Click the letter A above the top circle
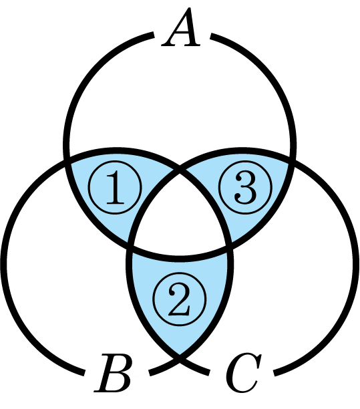pos(181,27)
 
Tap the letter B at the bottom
pos(112,372)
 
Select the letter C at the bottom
pos(243,373)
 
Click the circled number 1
pos(115,188)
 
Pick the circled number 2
pos(180,299)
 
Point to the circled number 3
pos(245,188)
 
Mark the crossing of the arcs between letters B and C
pos(180,359)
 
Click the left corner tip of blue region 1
pos(67,159)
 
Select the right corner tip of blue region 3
pos(293,159)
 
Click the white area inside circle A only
pos(180,99)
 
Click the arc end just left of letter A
pos(153,35)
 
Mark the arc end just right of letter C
pos(275,373)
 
